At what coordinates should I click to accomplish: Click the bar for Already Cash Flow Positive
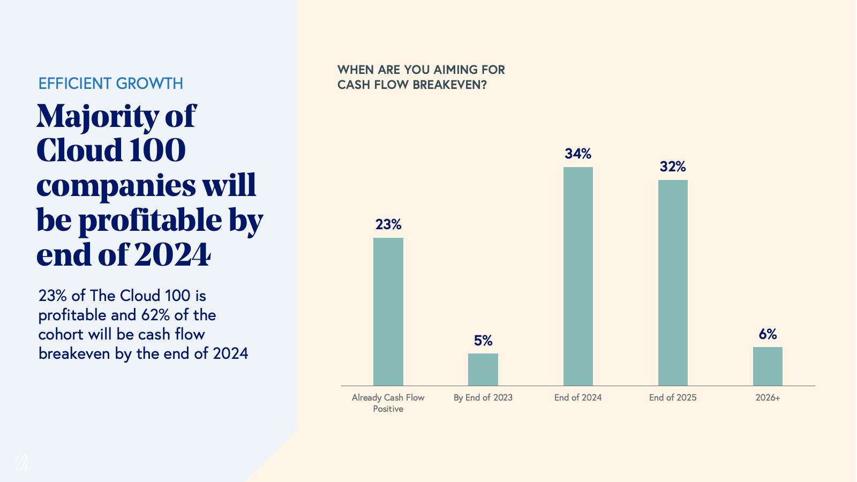(x=388, y=312)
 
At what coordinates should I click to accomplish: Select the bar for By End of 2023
(x=483, y=370)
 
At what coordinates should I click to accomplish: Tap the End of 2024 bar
(x=578, y=276)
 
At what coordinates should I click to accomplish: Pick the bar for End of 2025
(x=673, y=283)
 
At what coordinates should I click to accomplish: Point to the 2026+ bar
(x=768, y=366)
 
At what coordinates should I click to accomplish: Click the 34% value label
(x=578, y=154)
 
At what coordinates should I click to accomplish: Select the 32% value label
(x=673, y=167)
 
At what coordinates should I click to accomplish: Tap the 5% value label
(x=483, y=341)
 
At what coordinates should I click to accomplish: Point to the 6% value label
(x=768, y=334)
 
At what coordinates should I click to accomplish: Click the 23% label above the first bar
(x=388, y=224)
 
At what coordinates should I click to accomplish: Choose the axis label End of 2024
(x=578, y=397)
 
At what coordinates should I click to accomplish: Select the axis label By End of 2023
(x=483, y=397)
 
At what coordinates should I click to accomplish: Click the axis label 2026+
(x=768, y=397)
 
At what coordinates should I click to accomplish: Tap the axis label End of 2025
(x=673, y=397)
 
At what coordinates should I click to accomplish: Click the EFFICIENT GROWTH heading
(x=111, y=84)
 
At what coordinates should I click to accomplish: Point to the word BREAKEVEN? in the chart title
(x=449, y=85)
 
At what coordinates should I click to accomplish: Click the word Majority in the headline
(x=97, y=117)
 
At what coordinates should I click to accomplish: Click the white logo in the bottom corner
(x=21, y=462)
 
